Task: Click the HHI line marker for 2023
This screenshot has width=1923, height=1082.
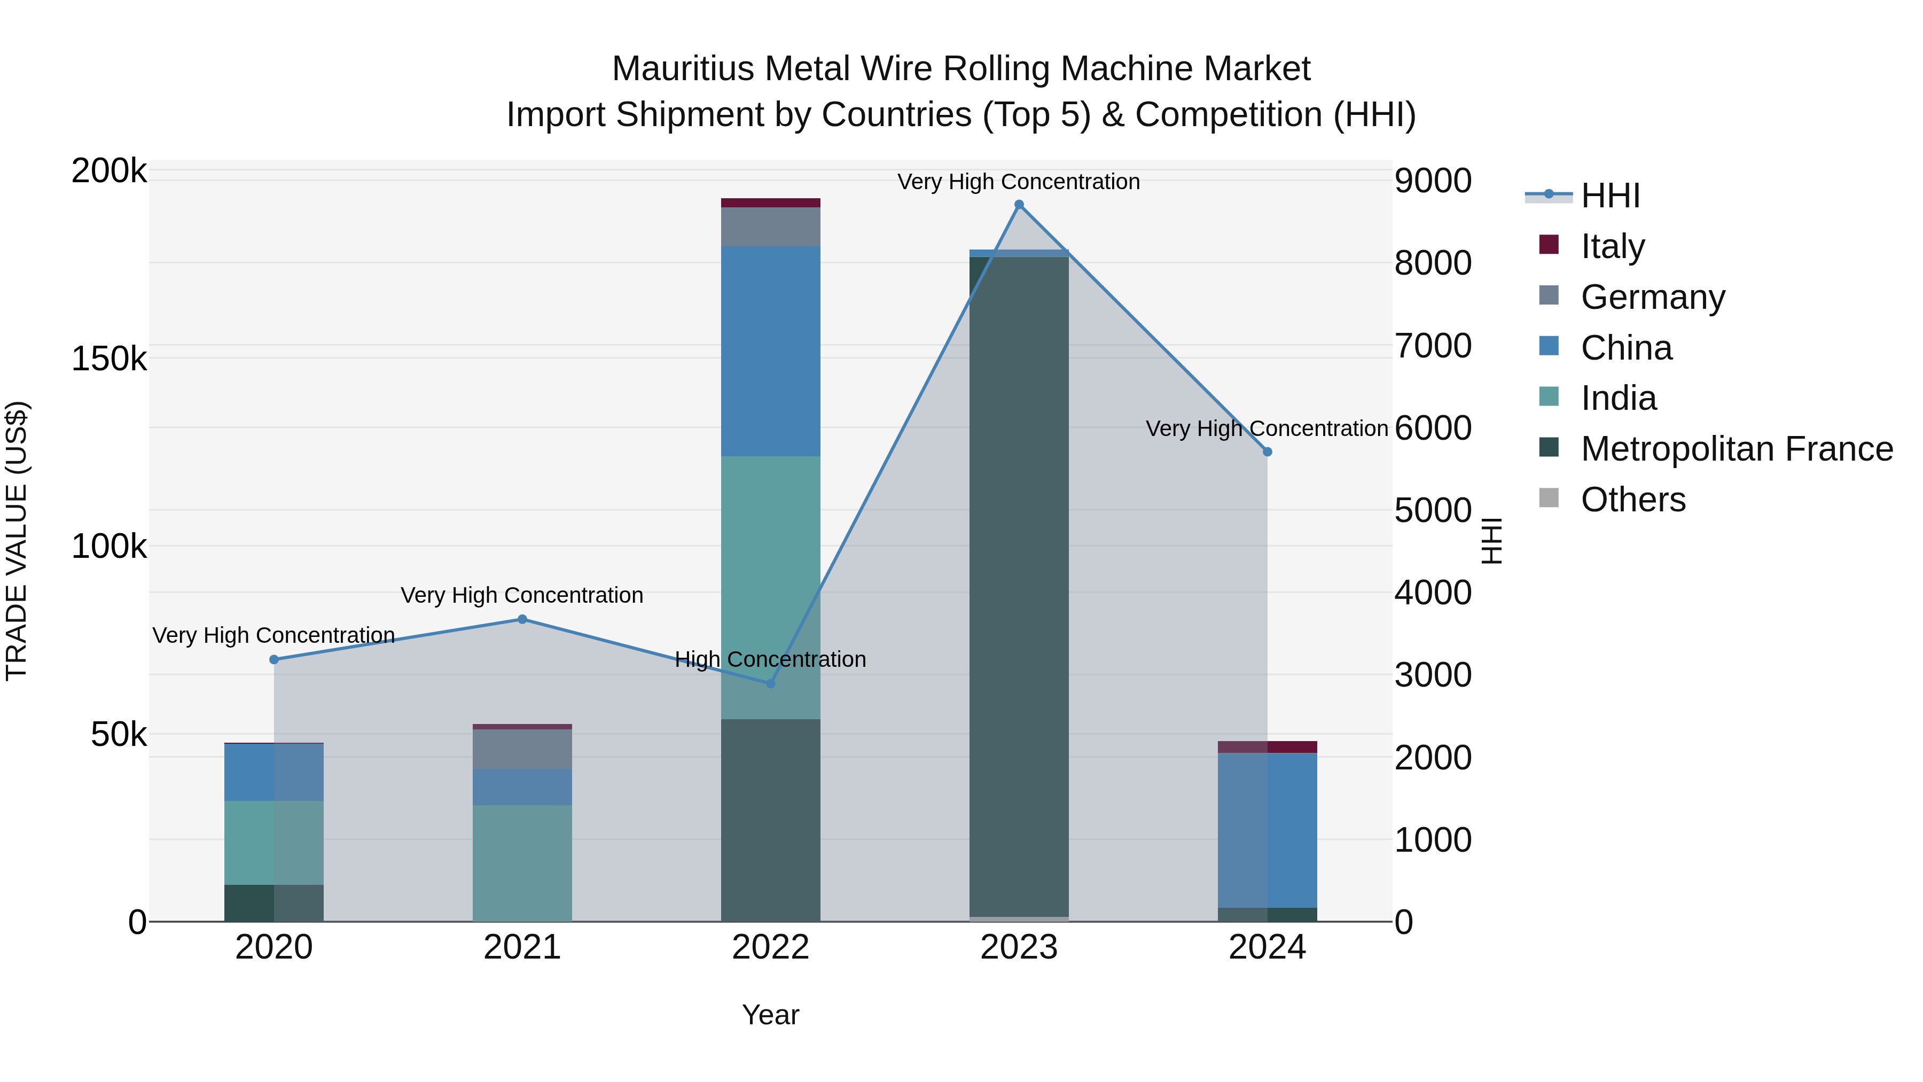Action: (1019, 205)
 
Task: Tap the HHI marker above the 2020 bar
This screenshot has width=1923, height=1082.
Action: (274, 659)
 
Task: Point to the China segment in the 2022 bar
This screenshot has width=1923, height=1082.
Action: (770, 351)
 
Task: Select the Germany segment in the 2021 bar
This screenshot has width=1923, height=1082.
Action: (522, 749)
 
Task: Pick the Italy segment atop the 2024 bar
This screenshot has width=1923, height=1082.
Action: (1268, 747)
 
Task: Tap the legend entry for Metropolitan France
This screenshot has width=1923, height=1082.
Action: (1737, 449)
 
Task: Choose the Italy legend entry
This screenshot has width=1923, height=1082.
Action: (1613, 246)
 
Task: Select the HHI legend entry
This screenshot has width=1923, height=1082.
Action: (1609, 196)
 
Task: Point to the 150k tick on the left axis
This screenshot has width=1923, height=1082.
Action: (109, 359)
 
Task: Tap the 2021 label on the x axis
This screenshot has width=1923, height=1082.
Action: (522, 947)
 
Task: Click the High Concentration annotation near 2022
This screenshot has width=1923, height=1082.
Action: (770, 659)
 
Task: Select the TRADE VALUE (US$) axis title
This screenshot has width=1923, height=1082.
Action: (17, 541)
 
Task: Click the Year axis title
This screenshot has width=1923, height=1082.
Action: (770, 1015)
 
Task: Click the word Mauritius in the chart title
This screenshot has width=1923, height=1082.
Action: (682, 69)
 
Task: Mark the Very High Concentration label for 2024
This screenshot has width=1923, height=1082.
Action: (1267, 429)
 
